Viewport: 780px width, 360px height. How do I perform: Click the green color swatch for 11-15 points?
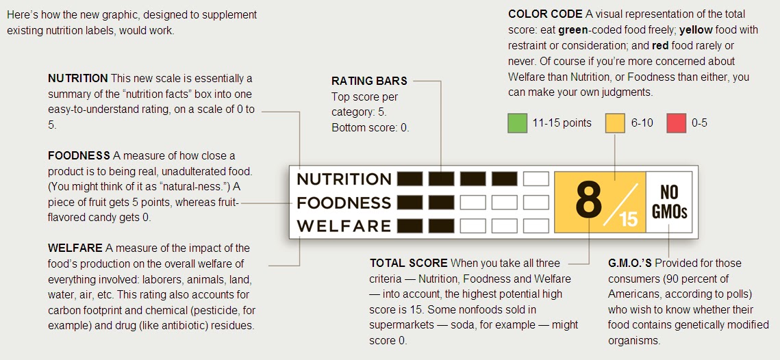[517, 123]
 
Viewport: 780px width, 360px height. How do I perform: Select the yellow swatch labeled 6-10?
[615, 123]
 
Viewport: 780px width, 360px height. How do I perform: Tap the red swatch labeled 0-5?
[676, 123]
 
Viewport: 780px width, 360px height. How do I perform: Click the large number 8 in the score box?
[588, 200]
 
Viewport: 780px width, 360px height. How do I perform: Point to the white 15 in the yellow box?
[628, 219]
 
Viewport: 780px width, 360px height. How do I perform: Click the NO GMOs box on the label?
[669, 202]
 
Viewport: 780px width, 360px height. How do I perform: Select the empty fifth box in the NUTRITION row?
[536, 179]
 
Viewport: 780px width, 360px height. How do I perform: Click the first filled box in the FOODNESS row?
[410, 203]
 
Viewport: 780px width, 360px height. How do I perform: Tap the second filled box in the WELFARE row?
[441, 226]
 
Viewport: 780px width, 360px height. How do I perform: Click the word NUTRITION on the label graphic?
[344, 179]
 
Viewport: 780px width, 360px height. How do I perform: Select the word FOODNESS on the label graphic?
[344, 203]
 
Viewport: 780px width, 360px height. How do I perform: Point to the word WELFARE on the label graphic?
[344, 226]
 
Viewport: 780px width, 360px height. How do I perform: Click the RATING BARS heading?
[369, 81]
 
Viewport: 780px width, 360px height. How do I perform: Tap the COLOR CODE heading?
[545, 14]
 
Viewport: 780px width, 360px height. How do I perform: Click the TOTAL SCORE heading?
[408, 263]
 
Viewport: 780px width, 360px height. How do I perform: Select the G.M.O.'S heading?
[631, 263]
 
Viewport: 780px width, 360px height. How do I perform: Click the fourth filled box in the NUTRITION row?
[504, 179]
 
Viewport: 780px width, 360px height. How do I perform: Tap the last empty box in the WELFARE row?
[536, 226]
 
